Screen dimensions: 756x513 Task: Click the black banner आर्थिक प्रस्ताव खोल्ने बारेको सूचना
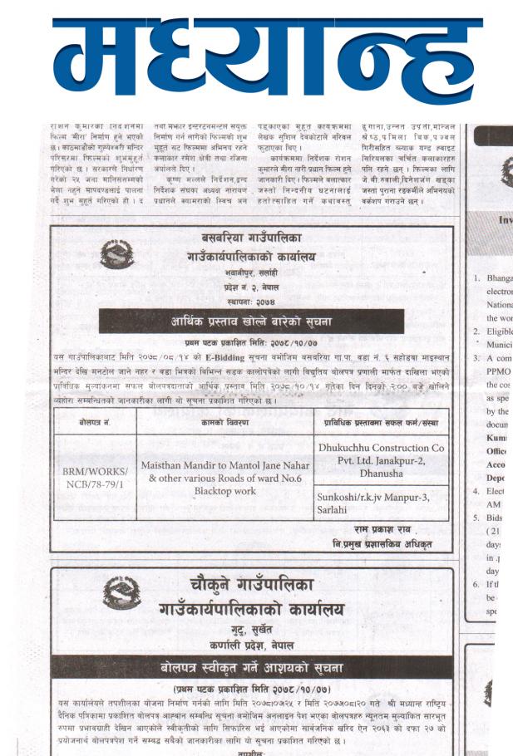251,322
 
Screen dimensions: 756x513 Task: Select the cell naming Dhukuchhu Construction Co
382,459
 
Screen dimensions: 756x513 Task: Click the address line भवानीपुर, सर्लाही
250,272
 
